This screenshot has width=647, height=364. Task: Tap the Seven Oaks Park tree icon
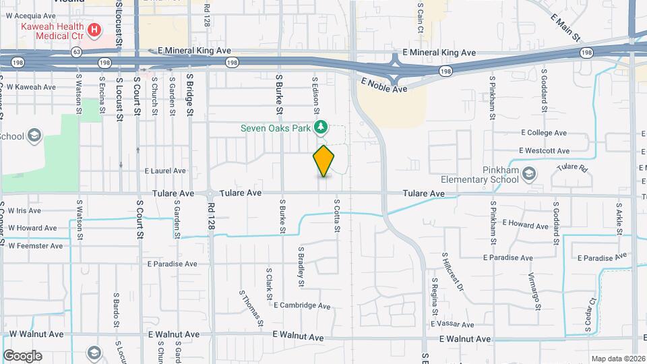322,126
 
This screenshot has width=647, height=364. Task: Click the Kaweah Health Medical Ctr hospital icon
94,30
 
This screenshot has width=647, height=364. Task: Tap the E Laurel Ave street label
165,171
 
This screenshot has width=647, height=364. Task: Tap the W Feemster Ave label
35,246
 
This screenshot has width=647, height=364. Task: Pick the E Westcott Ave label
544,151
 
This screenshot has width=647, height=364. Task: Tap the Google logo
22,356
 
